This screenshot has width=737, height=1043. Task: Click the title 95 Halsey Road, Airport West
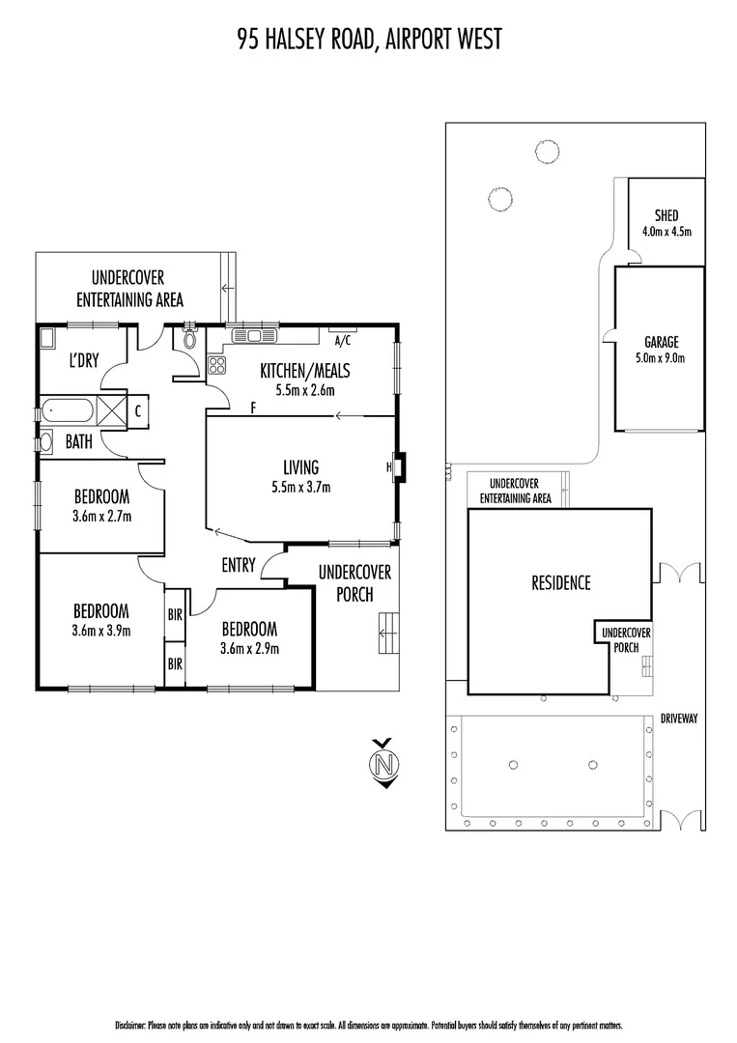point(369,39)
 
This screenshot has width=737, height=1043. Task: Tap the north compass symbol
point(384,763)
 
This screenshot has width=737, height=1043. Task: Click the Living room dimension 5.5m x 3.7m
point(301,487)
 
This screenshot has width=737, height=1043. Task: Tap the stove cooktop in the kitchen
point(217,365)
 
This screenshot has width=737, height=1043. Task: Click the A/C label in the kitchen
point(342,341)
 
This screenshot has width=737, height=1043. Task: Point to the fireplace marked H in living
point(399,467)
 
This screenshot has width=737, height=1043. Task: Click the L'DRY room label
point(85,361)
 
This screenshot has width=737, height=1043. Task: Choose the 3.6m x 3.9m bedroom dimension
point(101,631)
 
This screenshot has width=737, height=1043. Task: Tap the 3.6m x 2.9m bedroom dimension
point(249,648)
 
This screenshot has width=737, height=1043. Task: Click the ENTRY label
point(238,565)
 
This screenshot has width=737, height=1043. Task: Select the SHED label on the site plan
point(666,215)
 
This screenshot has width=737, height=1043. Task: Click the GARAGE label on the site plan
point(662,342)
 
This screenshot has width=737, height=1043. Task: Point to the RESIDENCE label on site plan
point(560,582)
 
